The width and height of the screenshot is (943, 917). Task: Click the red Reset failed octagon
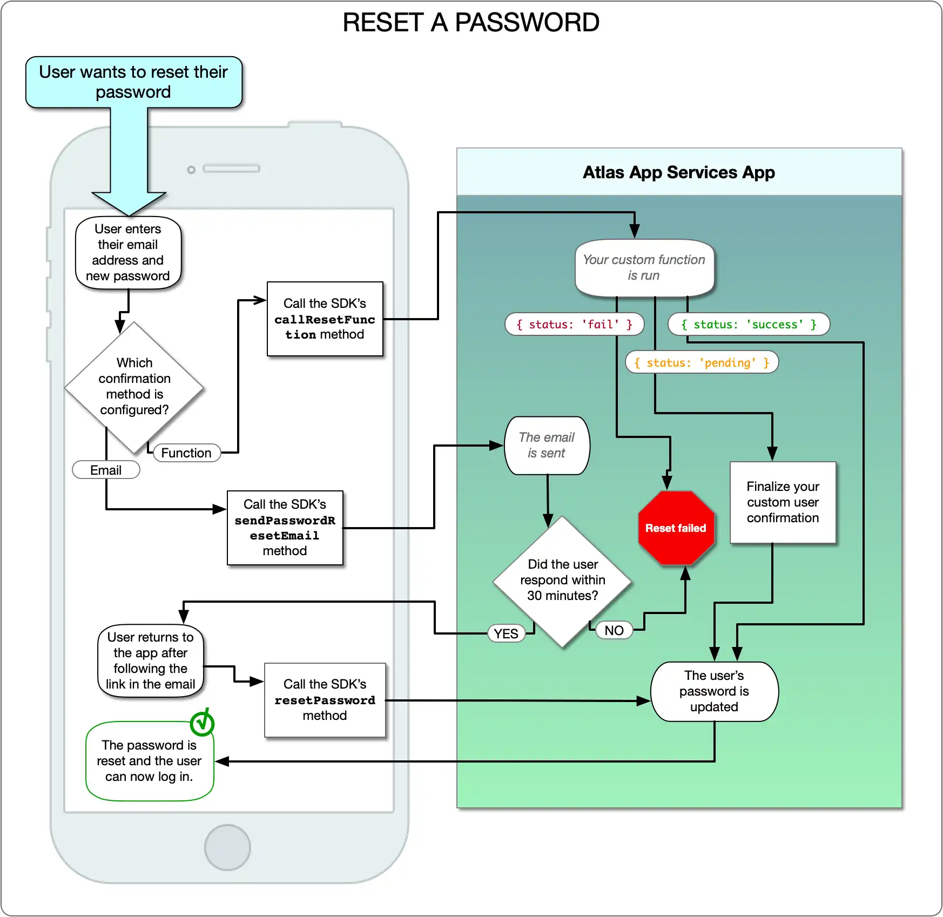(x=676, y=528)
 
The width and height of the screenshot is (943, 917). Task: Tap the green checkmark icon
(x=203, y=723)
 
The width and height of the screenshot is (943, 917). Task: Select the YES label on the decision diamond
(x=506, y=633)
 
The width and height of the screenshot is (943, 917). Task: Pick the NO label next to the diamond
(x=614, y=630)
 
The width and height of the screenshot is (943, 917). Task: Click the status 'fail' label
(x=574, y=325)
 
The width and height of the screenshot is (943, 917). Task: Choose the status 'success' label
(x=749, y=325)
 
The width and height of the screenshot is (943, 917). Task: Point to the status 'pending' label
(x=702, y=362)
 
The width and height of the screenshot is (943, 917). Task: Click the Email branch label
(x=106, y=470)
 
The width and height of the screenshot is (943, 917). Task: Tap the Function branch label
(x=186, y=453)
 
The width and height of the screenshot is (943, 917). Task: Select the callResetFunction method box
(x=325, y=319)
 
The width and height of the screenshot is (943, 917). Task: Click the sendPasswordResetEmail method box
(x=285, y=528)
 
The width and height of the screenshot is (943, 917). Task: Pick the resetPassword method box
(x=325, y=700)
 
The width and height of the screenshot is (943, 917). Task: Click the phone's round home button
(x=227, y=847)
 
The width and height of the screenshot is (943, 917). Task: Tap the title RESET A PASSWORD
(x=471, y=23)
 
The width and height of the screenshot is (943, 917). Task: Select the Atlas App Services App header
(x=679, y=172)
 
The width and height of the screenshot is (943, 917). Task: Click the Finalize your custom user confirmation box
(x=783, y=502)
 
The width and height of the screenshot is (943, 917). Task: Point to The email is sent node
(x=547, y=446)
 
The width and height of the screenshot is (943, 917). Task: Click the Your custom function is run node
(x=644, y=268)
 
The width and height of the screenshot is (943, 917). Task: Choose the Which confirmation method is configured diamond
(x=134, y=387)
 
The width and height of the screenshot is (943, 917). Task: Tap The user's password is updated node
(x=714, y=691)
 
